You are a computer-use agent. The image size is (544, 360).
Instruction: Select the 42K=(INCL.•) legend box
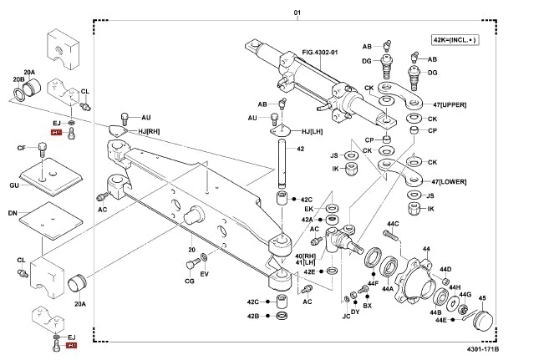453,40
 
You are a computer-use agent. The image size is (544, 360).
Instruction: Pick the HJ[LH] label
311,131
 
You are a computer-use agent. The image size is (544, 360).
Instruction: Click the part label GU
14,184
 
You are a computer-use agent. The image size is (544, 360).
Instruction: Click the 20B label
18,79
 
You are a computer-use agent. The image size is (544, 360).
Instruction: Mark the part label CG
189,281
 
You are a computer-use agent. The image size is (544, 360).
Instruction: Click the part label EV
205,274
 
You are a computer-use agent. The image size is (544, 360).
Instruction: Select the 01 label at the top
296,13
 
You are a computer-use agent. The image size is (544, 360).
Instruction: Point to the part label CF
21,149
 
